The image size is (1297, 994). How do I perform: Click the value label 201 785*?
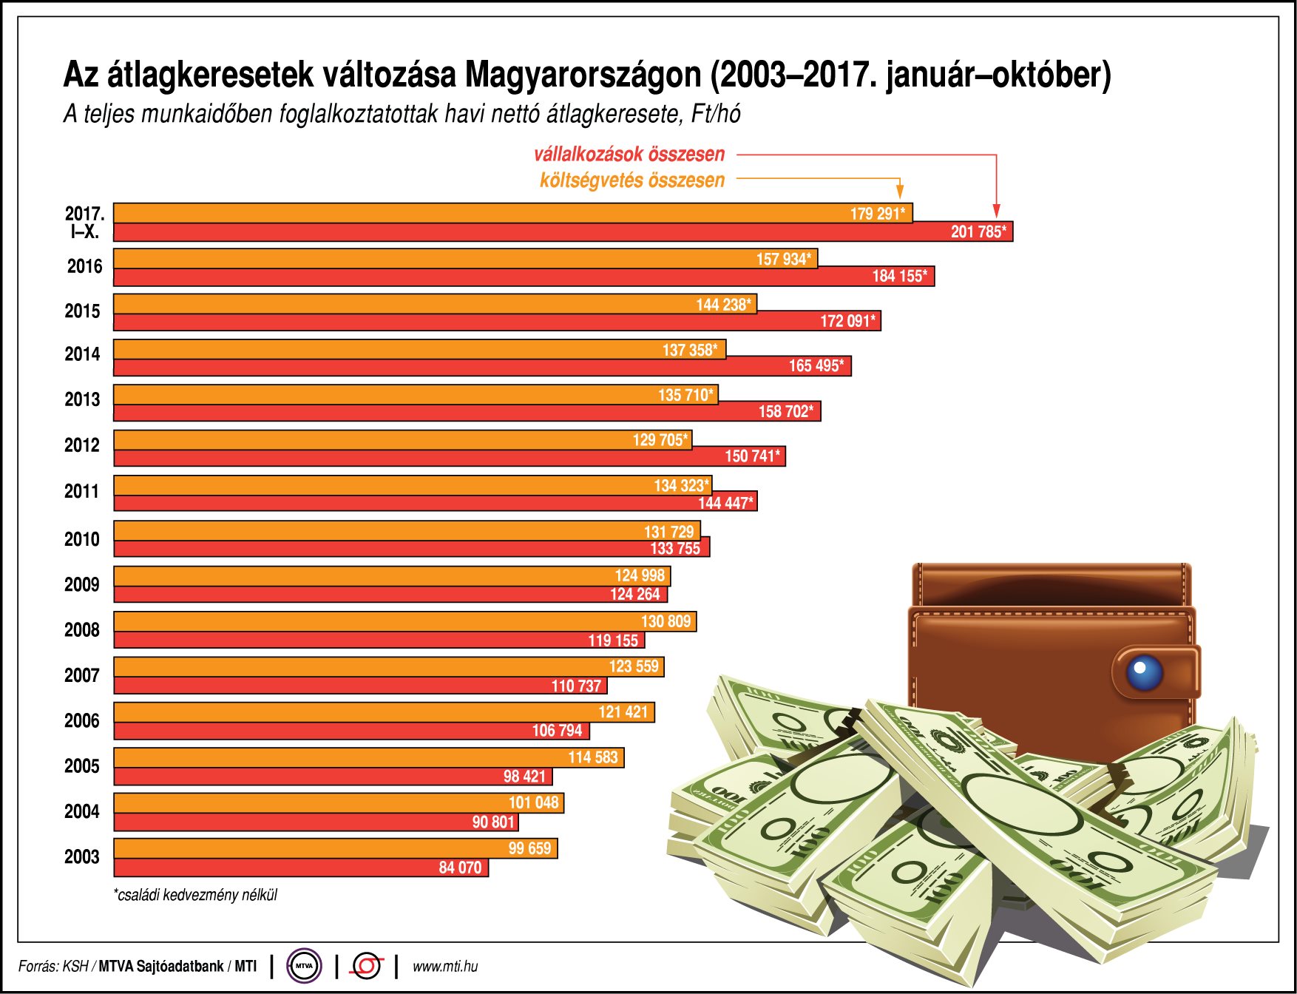click(x=978, y=231)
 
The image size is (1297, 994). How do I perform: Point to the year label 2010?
click(x=82, y=539)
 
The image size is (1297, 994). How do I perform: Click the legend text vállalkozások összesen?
click(x=629, y=154)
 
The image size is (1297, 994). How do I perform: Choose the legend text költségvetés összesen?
click(x=632, y=180)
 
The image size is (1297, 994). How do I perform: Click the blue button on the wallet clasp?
click(x=1143, y=671)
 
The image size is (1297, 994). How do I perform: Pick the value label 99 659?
click(x=529, y=848)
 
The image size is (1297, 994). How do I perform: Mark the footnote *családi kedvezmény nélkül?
click(x=196, y=895)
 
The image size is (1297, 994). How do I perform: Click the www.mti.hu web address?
click(x=445, y=966)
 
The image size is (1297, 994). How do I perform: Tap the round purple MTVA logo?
click(x=304, y=965)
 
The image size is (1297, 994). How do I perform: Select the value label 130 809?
click(x=666, y=621)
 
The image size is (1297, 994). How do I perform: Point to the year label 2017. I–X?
click(x=84, y=223)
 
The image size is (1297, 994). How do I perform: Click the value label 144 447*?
click(x=725, y=503)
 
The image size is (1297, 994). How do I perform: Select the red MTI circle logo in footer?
click(x=367, y=965)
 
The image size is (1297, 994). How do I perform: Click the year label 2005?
click(x=82, y=766)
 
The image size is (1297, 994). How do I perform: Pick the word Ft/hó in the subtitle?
click(x=716, y=113)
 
